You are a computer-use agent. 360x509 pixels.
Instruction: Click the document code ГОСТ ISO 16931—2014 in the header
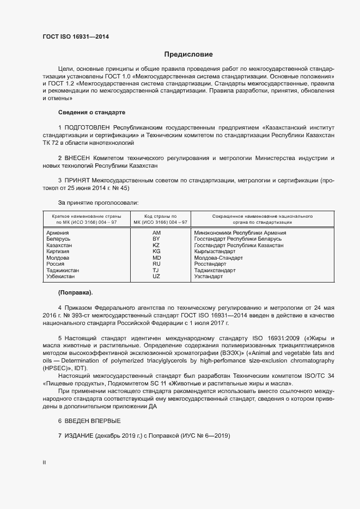[79, 37]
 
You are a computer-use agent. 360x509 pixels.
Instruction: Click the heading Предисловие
[188, 54]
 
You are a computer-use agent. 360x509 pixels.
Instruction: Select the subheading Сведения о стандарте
[91, 112]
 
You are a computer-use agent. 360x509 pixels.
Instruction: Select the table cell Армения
[58, 233]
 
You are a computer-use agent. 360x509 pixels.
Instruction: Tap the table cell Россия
[57, 264]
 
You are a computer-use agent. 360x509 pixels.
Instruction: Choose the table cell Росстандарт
[210, 264]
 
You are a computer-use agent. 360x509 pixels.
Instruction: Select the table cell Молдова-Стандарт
[218, 258]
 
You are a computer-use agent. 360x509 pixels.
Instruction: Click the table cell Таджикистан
[63, 271]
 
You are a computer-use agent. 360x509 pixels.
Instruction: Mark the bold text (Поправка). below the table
[75, 292]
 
